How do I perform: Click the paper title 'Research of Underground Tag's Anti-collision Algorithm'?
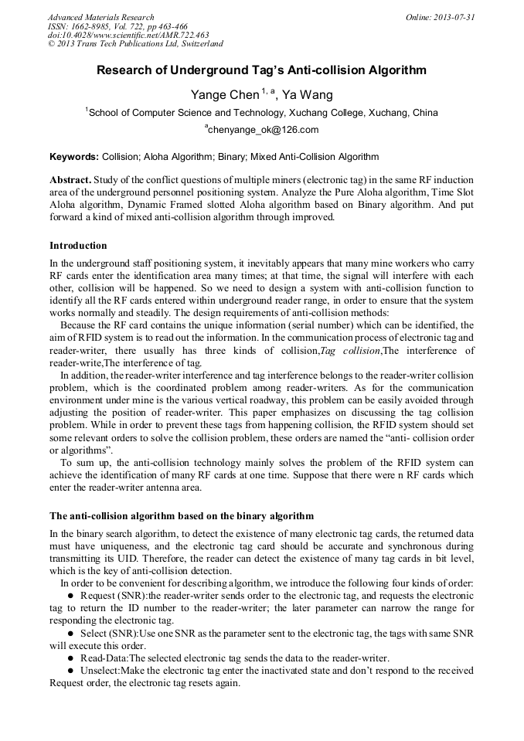coord(261,70)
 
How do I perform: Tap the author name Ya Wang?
coord(307,95)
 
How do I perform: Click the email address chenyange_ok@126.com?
coord(262,130)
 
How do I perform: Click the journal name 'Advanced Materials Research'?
coord(100,17)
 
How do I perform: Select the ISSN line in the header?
coord(117,26)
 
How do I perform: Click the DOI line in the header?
coord(128,35)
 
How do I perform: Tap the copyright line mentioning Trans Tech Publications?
coord(135,44)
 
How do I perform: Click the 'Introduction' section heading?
coord(78,246)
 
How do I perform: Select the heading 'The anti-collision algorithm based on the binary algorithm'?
coord(182,515)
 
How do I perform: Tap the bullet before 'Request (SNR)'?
coord(71,596)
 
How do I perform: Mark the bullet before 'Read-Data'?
coord(71,658)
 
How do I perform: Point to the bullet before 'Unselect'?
coord(71,671)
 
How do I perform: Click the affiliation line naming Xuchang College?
coord(262,113)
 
